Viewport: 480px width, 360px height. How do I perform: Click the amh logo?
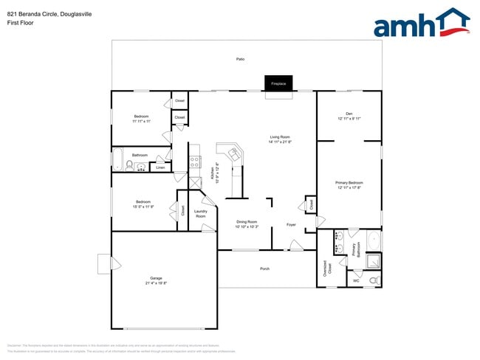pos(421,23)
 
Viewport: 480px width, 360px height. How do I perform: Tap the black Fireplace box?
pos(278,83)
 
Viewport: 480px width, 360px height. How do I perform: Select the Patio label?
pos(240,58)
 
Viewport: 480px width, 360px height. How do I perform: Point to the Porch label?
pos(264,269)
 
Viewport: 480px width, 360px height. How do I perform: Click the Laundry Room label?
pos(200,214)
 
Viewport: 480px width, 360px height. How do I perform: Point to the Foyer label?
pos(292,224)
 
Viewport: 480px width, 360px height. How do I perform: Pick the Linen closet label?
pos(160,167)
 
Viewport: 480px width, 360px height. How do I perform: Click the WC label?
pos(355,281)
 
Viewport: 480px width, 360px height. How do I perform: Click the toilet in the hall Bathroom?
pos(128,166)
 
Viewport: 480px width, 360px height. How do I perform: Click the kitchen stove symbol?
pos(195,160)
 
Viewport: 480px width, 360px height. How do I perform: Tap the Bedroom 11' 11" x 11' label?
pos(141,119)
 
